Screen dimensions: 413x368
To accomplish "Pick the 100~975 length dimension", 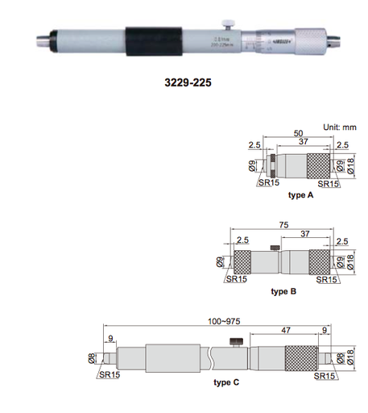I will pyautogui.click(x=217, y=320).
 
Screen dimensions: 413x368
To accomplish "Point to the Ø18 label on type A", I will pyautogui.click(x=351, y=168).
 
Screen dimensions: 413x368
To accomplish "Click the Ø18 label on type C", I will pyautogui.click(x=351, y=356).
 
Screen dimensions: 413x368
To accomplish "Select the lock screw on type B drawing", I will pyautogui.click(x=276, y=247).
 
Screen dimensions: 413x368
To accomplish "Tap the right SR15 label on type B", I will pyautogui.click(x=326, y=279).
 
